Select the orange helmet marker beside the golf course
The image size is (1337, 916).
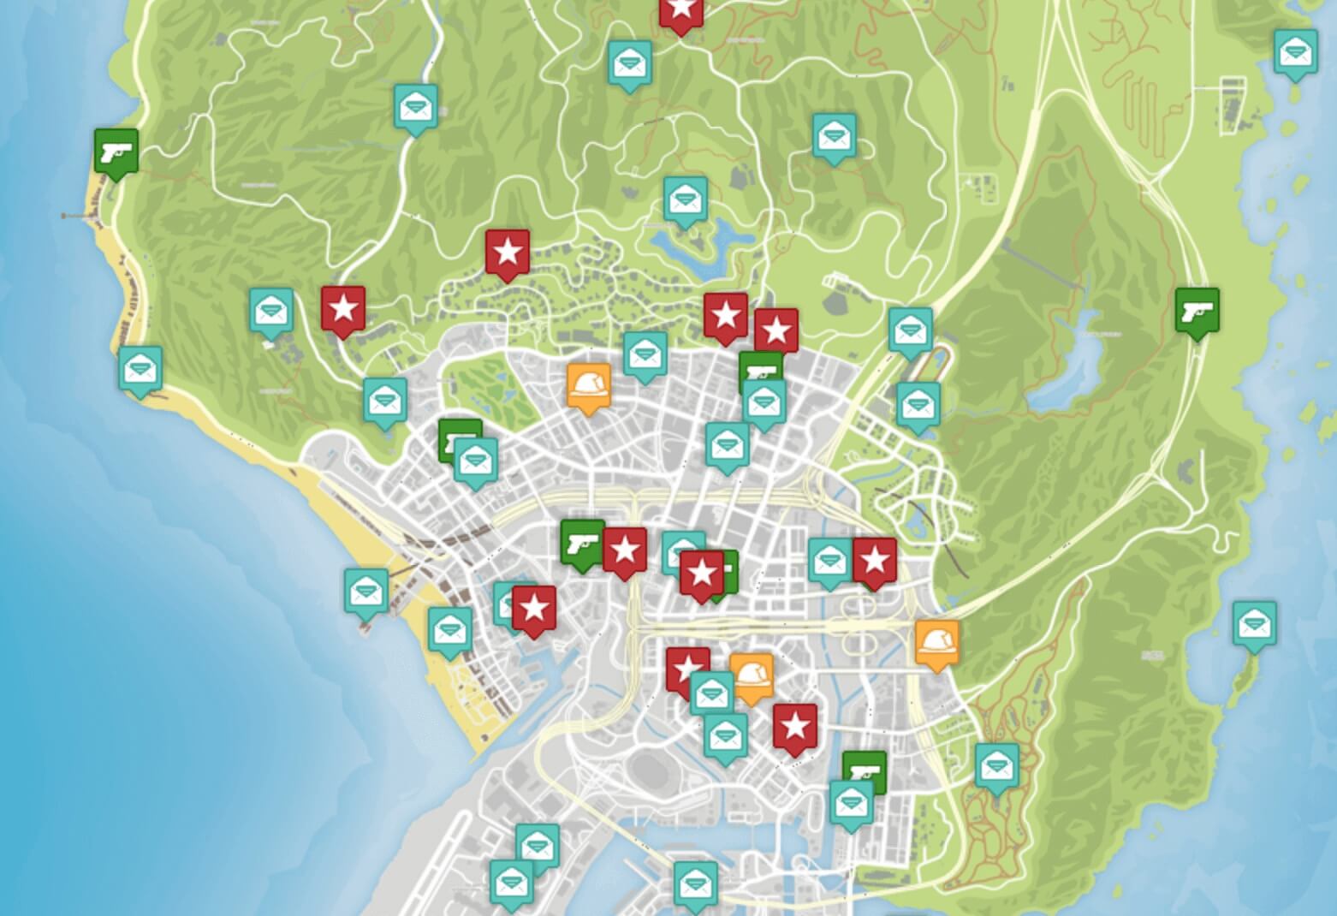click(589, 388)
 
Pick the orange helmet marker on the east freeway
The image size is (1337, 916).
click(936, 642)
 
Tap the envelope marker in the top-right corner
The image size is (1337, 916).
click(1296, 52)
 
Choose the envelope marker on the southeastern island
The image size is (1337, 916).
click(1254, 624)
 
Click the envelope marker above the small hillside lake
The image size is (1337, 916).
click(686, 200)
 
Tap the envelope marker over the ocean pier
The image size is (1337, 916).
click(366, 592)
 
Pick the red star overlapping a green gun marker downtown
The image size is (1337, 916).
click(702, 574)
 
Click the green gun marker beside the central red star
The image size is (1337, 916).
click(582, 543)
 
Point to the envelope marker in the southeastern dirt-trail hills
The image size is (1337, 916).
click(996, 766)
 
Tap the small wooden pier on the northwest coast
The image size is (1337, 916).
click(77, 216)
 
